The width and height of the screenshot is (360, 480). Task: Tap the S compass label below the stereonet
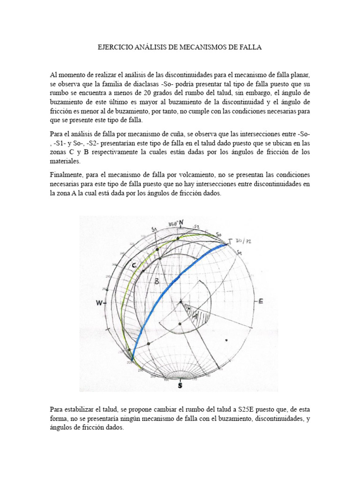click(x=180, y=385)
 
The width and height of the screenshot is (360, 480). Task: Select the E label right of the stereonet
click(x=261, y=301)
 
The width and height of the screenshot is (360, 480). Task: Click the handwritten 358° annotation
click(x=171, y=224)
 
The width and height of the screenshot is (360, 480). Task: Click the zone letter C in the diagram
click(x=134, y=266)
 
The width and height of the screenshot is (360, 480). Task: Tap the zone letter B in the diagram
click(x=157, y=281)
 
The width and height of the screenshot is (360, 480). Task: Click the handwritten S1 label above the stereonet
click(x=153, y=229)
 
